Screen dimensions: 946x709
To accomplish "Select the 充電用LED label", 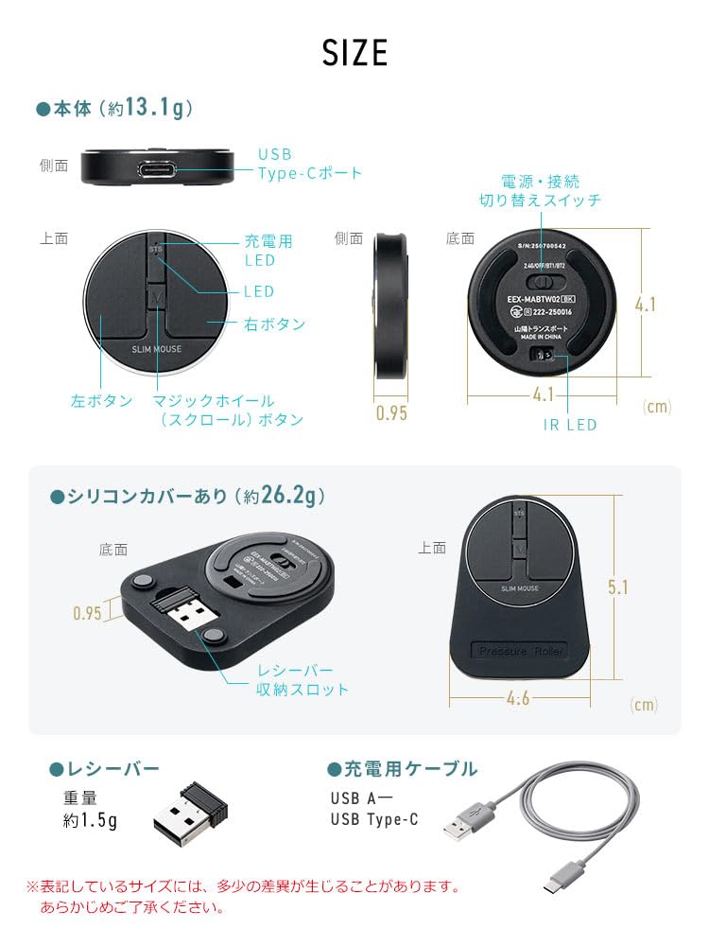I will point(268,250).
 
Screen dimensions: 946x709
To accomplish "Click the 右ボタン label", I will point(274,324).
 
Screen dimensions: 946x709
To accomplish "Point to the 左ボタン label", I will point(102,401).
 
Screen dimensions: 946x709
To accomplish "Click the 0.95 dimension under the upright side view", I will point(392,413).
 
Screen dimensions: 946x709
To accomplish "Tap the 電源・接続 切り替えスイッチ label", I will point(540,190).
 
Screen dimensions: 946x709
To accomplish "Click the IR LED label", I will point(569,425).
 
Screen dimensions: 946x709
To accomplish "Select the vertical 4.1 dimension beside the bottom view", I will point(646,305).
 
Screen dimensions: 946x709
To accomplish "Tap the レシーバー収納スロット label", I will point(303,679).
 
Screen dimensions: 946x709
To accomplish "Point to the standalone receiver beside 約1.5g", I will point(189,811).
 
